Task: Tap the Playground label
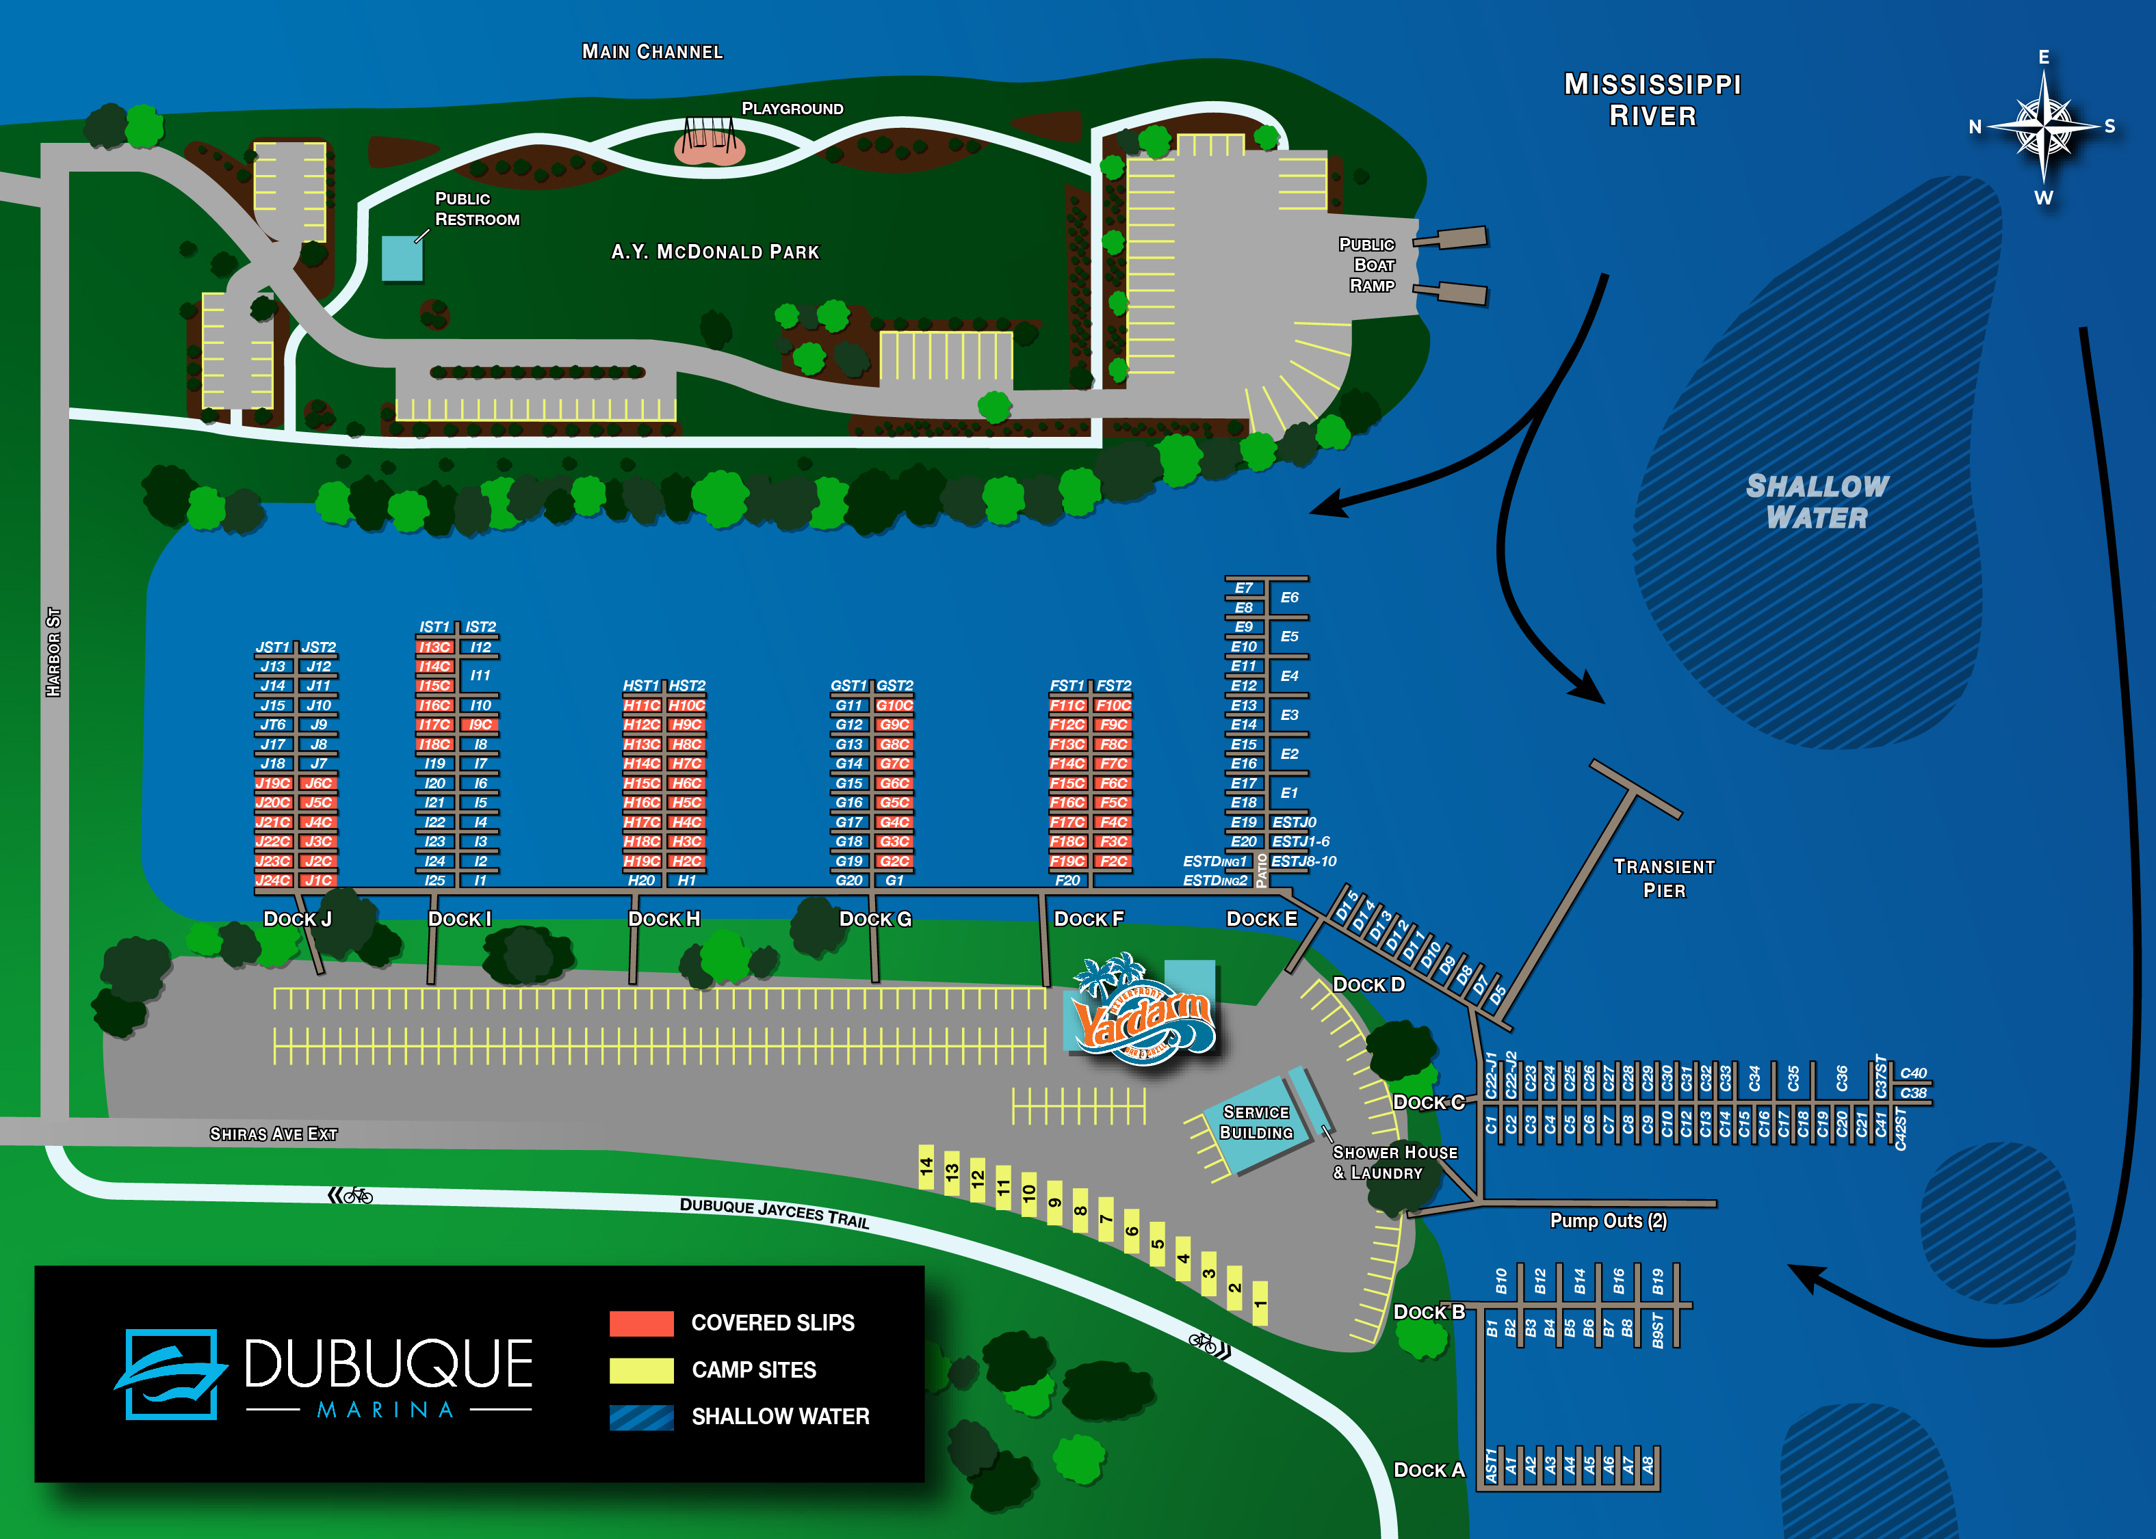pyautogui.click(x=792, y=109)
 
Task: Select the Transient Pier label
pyautogui.click(x=1664, y=879)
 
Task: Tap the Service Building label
pyautogui.click(x=1256, y=1122)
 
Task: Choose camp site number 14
pyautogui.click(x=926, y=1166)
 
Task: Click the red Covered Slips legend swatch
pyautogui.click(x=641, y=1323)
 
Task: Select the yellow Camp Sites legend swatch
pyautogui.click(x=641, y=1370)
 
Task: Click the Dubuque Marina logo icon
pyautogui.click(x=170, y=1374)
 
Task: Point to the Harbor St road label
pyautogui.click(x=54, y=652)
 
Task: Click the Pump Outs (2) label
pyautogui.click(x=1608, y=1220)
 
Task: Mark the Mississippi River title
pyautogui.click(x=1652, y=100)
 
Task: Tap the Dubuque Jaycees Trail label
pyautogui.click(x=774, y=1212)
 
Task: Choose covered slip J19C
pyautogui.click(x=273, y=784)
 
